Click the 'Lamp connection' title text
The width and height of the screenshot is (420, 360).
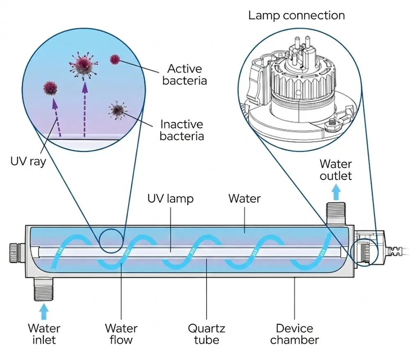point(296,16)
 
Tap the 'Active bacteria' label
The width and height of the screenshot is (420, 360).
point(184,74)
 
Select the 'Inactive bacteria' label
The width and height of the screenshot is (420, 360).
point(182,130)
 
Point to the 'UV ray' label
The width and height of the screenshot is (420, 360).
point(28,161)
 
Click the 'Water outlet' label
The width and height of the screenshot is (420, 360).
point(336,170)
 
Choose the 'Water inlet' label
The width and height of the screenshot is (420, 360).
point(44,334)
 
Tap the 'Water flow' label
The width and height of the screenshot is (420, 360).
point(121,334)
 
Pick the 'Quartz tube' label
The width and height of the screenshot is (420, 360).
point(206,334)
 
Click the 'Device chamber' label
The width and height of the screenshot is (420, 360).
point(294,334)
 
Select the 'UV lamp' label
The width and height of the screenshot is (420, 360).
point(170,199)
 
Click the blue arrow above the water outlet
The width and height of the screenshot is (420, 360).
point(336,191)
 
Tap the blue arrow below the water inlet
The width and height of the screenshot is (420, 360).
point(44,312)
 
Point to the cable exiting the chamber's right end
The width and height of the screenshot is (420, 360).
point(404,251)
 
